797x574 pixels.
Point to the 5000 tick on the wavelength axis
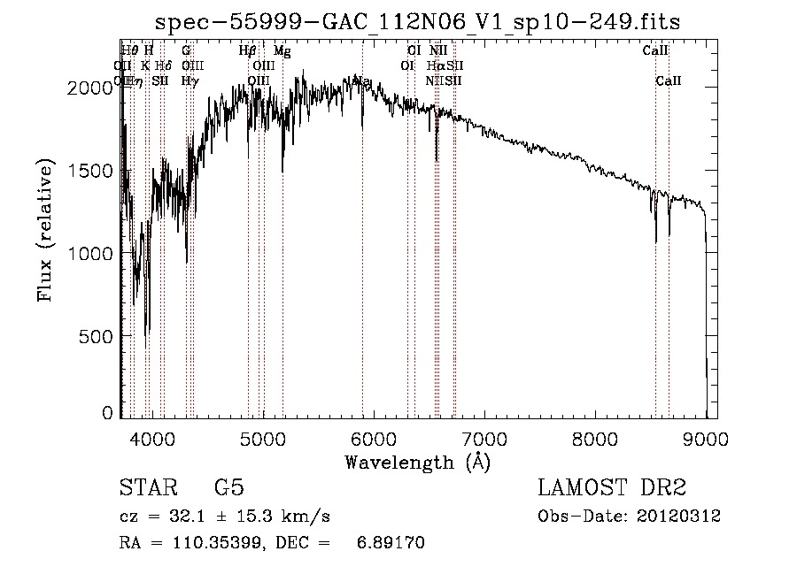tap(262, 437)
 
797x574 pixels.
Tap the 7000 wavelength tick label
tap(484, 437)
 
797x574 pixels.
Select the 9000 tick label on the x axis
tap(705, 437)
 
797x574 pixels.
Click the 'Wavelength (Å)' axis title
tap(417, 462)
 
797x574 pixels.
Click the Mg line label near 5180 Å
tap(282, 51)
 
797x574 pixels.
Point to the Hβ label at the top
tap(248, 51)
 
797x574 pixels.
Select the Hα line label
tap(435, 65)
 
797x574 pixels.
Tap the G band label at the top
tap(186, 51)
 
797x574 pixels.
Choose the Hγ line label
tap(189, 80)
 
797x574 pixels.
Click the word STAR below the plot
tap(148, 488)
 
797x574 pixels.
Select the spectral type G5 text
tap(228, 488)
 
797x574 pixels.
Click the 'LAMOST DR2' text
tap(611, 488)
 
